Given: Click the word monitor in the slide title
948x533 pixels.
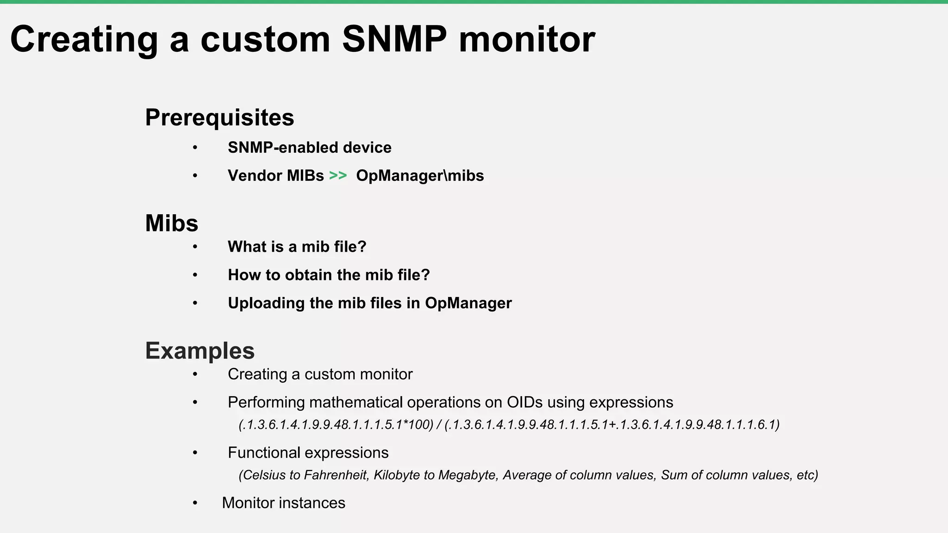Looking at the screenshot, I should point(527,40).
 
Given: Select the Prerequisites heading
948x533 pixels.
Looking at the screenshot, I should point(219,118).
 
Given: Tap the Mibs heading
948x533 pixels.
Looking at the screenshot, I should point(171,223).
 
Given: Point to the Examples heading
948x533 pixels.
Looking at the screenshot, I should point(200,351).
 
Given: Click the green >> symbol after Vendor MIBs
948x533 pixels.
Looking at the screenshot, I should point(338,176).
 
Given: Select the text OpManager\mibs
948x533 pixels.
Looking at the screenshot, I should point(420,176).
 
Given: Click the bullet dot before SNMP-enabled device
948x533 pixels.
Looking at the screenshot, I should point(195,148).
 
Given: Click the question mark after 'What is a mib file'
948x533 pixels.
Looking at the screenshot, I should point(362,247).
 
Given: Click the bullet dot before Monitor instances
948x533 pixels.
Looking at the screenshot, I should point(195,503).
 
